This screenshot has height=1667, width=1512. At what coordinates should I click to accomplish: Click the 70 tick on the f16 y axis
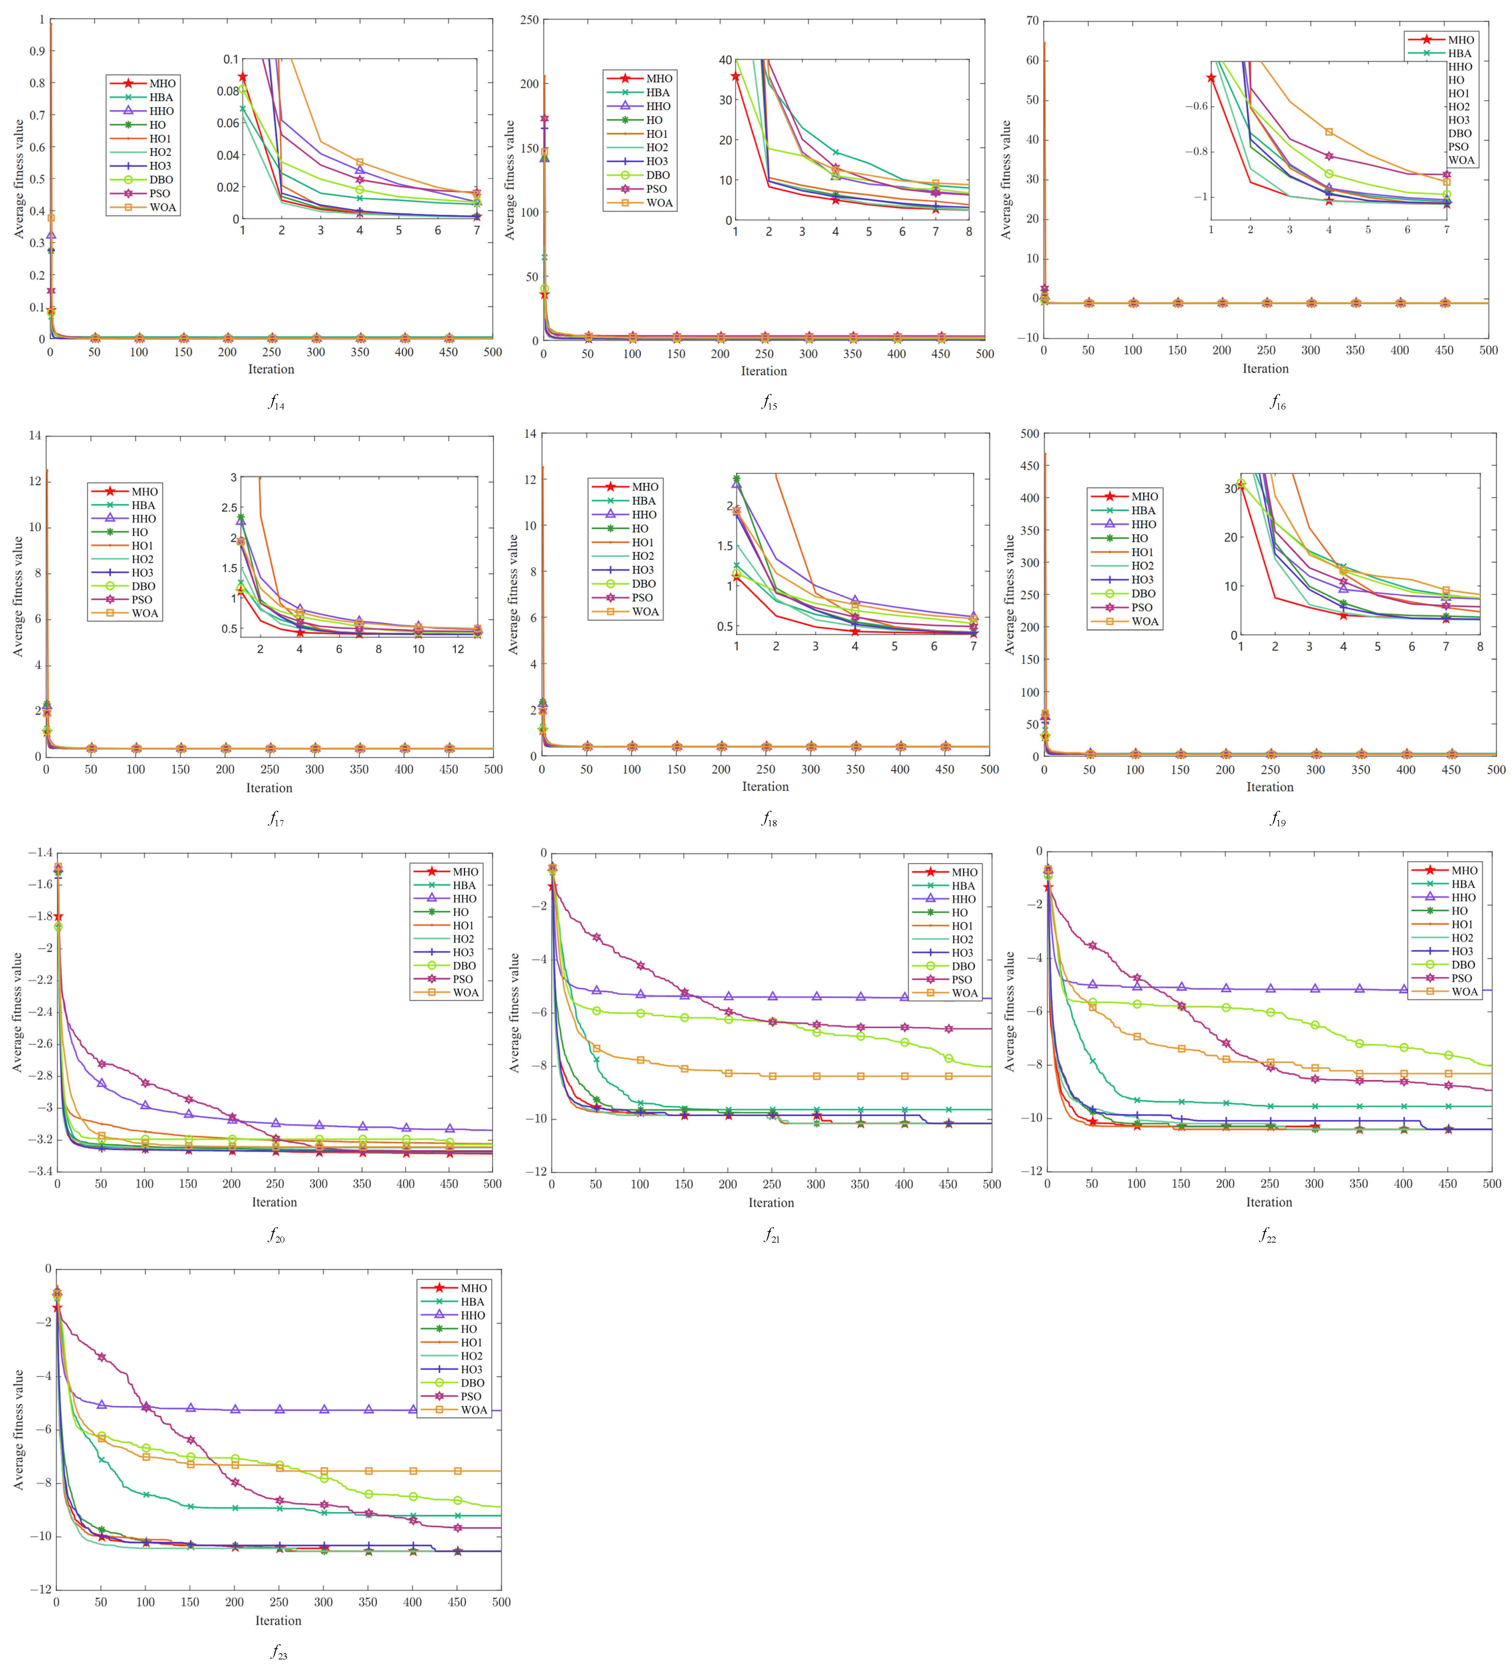pyautogui.click(x=1032, y=21)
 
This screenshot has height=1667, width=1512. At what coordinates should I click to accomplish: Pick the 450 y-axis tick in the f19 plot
pyautogui.click(x=1029, y=466)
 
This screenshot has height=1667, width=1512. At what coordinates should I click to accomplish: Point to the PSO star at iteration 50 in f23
pyautogui.click(x=102, y=1357)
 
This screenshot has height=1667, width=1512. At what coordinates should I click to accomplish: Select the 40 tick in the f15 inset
pyautogui.click(x=725, y=60)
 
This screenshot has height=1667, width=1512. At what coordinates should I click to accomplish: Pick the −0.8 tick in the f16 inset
pyautogui.click(x=1195, y=151)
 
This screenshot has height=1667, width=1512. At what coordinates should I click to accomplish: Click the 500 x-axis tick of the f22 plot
pyautogui.click(x=1491, y=1183)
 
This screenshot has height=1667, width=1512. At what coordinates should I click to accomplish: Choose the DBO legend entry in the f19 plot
pyautogui.click(x=1143, y=594)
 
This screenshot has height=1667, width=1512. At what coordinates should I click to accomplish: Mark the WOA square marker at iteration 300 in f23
pyautogui.click(x=324, y=1471)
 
